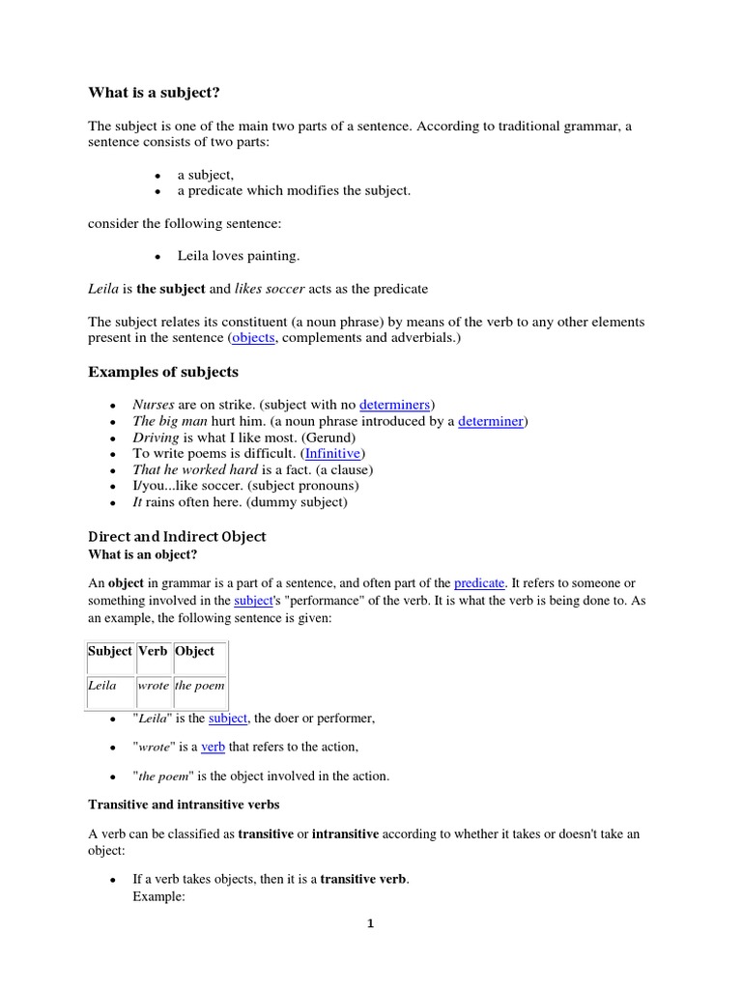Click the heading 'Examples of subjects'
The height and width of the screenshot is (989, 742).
point(163,372)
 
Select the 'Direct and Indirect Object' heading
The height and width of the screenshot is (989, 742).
point(177,536)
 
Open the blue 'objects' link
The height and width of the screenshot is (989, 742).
point(253,338)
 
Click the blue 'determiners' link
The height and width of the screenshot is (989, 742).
point(395,404)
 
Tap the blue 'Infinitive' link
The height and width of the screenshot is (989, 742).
point(334,453)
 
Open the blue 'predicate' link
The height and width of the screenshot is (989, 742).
point(479,583)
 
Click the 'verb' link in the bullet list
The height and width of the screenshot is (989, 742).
point(213,747)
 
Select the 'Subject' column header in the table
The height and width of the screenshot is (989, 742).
point(110,651)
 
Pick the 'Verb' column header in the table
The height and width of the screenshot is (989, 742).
point(153,651)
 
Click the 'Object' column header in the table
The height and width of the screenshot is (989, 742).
point(195,651)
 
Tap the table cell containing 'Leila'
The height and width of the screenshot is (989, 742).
point(102,686)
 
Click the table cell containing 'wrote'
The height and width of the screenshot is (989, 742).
point(154,686)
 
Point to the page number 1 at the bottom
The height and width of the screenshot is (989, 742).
point(370,923)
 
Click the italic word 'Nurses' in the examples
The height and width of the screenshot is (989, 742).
point(154,404)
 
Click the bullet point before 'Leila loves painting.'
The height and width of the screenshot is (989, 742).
point(157,257)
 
